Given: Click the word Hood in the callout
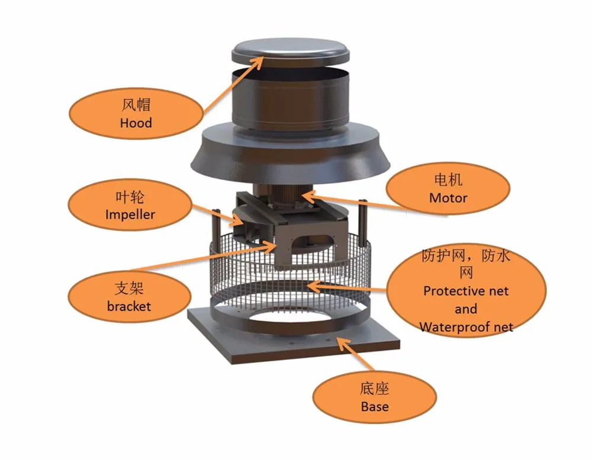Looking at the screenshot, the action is [x=136, y=123].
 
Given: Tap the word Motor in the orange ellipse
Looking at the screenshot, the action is [x=448, y=197].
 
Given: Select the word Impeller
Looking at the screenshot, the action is [x=130, y=214].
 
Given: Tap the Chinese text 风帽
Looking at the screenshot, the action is [x=136, y=105].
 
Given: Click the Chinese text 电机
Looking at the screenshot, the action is [x=448, y=179].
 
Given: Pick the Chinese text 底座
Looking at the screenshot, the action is [x=375, y=389].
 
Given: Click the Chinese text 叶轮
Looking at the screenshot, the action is [x=130, y=197].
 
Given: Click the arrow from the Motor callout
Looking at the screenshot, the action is [x=355, y=201].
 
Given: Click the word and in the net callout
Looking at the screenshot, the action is [x=465, y=309].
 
